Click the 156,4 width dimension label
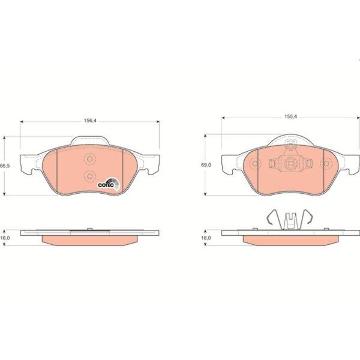90,121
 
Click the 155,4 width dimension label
290,116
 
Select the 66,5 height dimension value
5,166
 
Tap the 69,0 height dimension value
206,165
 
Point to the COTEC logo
109,184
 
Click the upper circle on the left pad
90,159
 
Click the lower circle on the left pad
90,176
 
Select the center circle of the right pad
290,163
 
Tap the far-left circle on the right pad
255,163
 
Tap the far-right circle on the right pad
326,163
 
